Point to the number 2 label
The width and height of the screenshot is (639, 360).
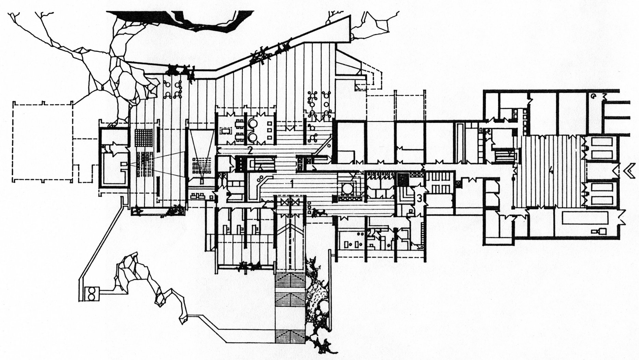coord(250,150)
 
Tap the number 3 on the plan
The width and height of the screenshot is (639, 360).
coord(419,198)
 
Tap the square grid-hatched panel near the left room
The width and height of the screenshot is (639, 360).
coord(143,139)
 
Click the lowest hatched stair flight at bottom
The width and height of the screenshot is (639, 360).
coord(290,336)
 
